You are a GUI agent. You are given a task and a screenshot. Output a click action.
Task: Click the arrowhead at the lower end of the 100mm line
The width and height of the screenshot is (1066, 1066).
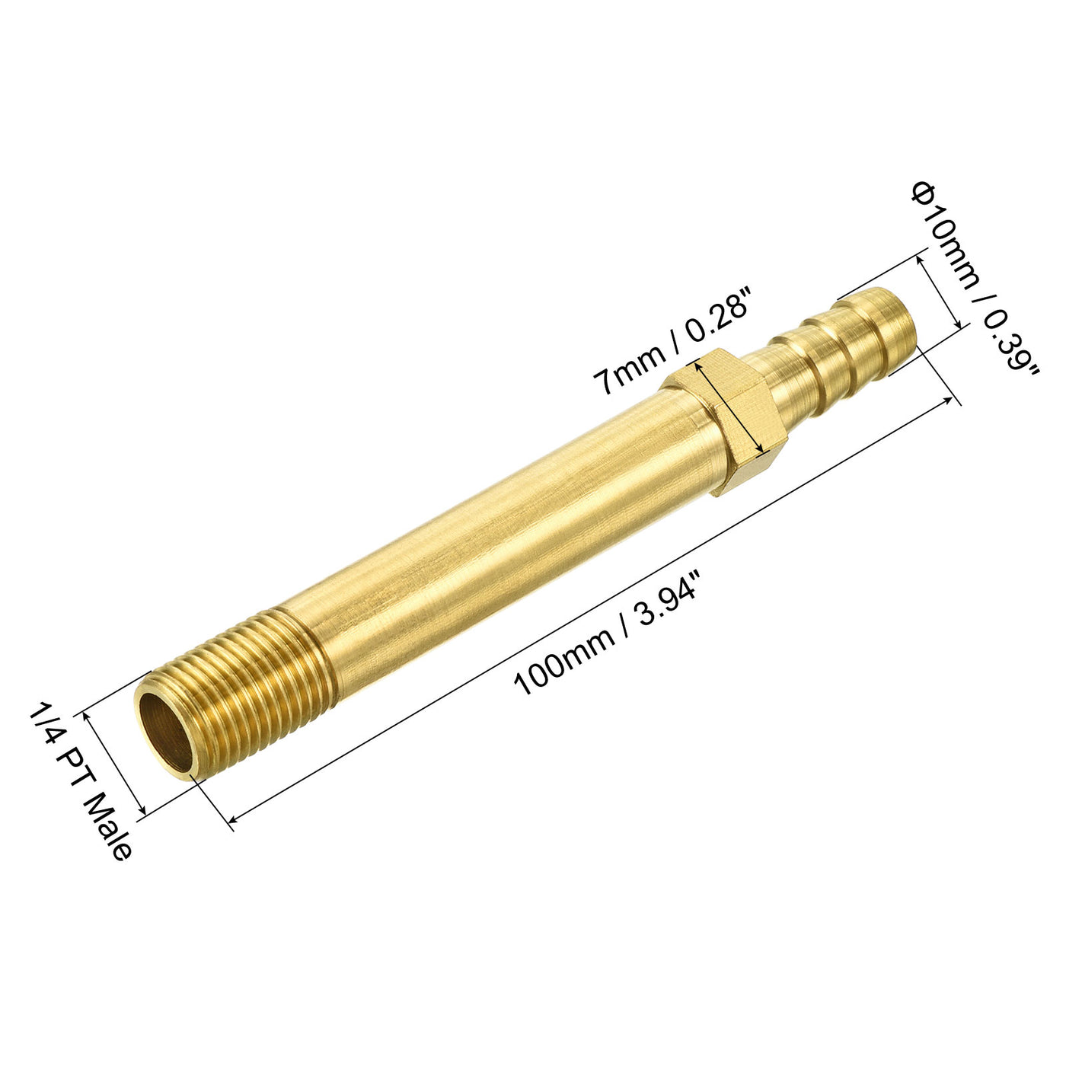click(233, 819)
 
